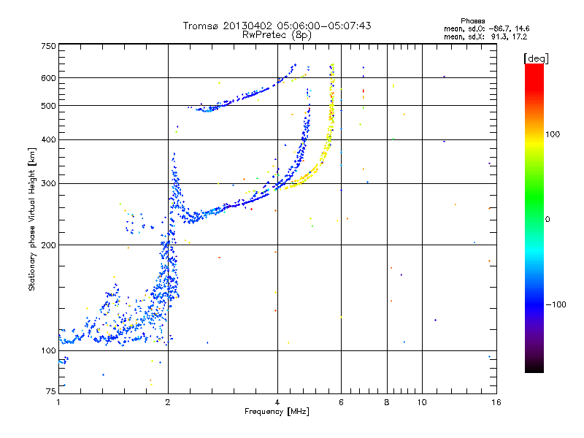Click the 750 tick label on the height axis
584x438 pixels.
click(49, 46)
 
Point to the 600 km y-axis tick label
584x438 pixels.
click(49, 77)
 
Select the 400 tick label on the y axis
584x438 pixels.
click(49, 139)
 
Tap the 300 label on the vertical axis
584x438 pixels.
click(49, 183)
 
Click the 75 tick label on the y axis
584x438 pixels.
click(51, 392)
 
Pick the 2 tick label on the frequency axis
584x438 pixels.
click(168, 402)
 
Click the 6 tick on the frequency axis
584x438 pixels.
click(341, 402)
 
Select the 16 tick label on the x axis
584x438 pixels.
click(496, 402)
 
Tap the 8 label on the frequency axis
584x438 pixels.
click(387, 402)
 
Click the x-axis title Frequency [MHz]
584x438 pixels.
click(277, 412)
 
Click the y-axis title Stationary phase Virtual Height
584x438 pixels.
click(32, 219)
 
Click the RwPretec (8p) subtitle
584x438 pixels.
click(277, 34)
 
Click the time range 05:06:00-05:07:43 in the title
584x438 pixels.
click(310, 26)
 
